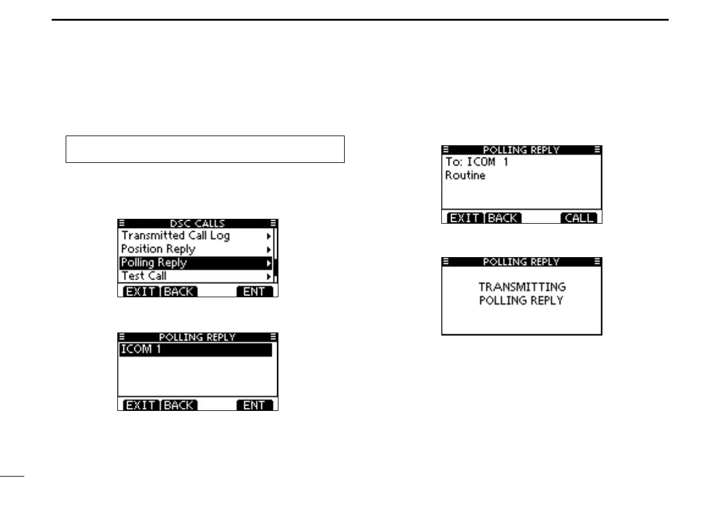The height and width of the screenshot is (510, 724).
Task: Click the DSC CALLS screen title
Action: tap(197, 223)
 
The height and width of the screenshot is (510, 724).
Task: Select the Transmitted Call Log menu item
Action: tap(176, 236)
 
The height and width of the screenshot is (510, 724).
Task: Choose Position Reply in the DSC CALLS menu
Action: tap(158, 249)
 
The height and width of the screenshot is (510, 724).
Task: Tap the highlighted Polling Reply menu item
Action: tap(154, 263)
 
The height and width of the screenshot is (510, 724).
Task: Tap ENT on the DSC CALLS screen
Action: tap(254, 292)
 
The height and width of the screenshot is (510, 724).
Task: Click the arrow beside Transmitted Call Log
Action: tap(269, 236)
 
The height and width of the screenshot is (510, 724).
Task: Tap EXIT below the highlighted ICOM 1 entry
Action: tap(140, 405)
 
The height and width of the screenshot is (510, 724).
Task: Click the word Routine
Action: tap(465, 176)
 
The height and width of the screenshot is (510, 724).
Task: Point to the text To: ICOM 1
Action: tap(477, 162)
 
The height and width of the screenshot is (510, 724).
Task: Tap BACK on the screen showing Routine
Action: tap(503, 218)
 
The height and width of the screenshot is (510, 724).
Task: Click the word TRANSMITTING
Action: tap(522, 286)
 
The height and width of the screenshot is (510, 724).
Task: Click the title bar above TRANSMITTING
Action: tap(521, 262)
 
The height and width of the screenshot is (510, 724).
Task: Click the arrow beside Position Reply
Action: tap(269, 249)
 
